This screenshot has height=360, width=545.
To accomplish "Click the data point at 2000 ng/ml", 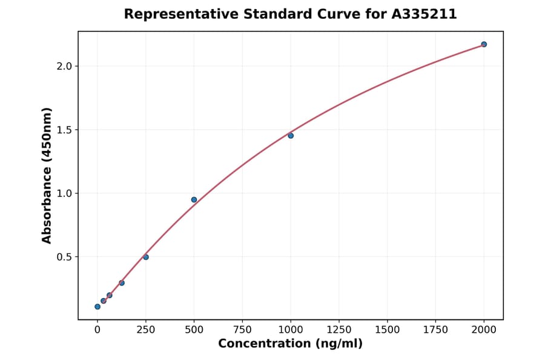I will point(484,44).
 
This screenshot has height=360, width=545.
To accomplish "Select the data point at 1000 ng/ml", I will point(291,136).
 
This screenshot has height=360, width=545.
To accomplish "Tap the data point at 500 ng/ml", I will point(194,199).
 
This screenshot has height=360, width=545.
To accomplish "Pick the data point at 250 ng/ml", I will point(146,257).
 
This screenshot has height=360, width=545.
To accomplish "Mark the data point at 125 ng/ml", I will point(122,283).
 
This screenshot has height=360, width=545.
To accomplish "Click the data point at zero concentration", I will point(97,307).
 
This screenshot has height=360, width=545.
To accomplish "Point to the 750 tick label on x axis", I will point(242,330).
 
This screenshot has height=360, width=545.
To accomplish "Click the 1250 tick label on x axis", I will point(339,330).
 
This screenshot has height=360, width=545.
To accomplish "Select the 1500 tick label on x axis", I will point(388,330).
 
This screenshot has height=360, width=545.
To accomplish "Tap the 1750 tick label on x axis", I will point(436,330).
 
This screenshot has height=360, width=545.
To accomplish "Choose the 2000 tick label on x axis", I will point(484,330).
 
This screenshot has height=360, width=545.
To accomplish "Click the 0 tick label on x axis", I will point(97,330).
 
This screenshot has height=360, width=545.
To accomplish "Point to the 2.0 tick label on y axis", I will point(64,66).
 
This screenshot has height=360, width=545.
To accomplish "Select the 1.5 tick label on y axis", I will point(64,130).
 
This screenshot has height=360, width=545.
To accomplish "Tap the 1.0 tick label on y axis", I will point(64,193).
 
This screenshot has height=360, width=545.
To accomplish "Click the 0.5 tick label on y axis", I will point(64,257).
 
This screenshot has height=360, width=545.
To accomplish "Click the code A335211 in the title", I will point(423,14).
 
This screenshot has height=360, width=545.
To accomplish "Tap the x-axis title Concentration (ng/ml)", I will point(291,344).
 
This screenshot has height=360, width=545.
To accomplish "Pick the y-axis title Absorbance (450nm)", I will point(47,175).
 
